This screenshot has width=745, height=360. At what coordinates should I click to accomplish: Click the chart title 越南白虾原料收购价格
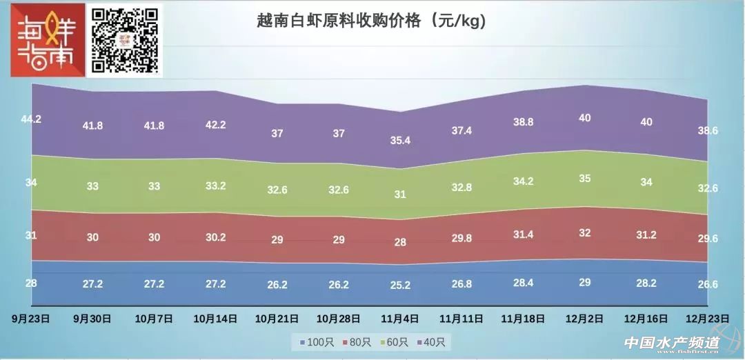[371, 21]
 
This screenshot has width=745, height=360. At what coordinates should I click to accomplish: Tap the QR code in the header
[126, 40]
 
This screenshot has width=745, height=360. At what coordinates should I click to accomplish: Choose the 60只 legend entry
[395, 342]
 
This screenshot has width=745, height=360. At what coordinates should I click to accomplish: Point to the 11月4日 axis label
[401, 319]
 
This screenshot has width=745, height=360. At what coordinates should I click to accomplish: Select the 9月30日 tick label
[92, 319]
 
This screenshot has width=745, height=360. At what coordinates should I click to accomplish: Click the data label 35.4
[401, 141]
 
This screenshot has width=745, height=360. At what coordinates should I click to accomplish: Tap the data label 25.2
[401, 284]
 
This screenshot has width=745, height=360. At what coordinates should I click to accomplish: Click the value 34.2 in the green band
[524, 182]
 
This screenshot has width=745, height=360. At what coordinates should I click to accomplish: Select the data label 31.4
[524, 235]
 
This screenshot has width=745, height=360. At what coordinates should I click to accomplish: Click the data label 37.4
[462, 130]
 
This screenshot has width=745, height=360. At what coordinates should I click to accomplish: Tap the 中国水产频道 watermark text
[671, 342]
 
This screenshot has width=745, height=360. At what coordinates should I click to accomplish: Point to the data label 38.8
[524, 121]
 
